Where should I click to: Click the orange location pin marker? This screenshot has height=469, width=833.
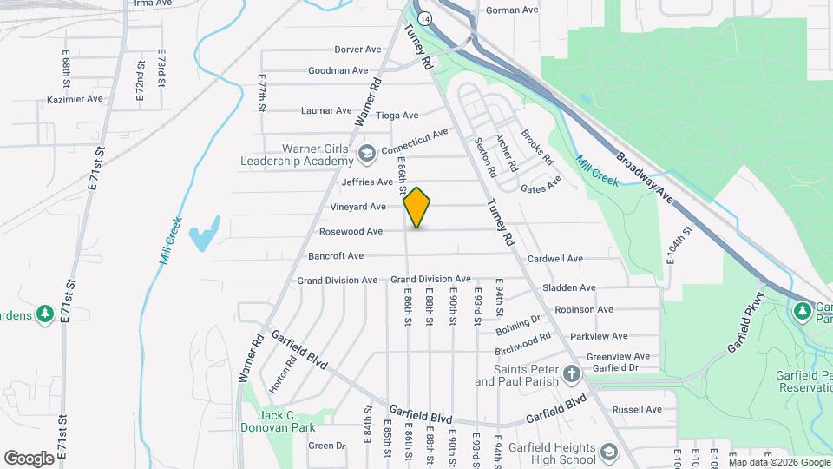417,207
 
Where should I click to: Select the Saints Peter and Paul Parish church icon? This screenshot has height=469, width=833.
571,374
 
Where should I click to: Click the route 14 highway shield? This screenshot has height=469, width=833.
423,17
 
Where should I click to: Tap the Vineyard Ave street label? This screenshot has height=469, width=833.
358,207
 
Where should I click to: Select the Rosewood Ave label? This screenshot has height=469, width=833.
351,232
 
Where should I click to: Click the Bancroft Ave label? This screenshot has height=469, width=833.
336,256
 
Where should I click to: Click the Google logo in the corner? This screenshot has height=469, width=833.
29,458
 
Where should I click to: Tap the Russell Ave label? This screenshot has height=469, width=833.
637,410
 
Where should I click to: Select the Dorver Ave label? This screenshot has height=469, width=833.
357,50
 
